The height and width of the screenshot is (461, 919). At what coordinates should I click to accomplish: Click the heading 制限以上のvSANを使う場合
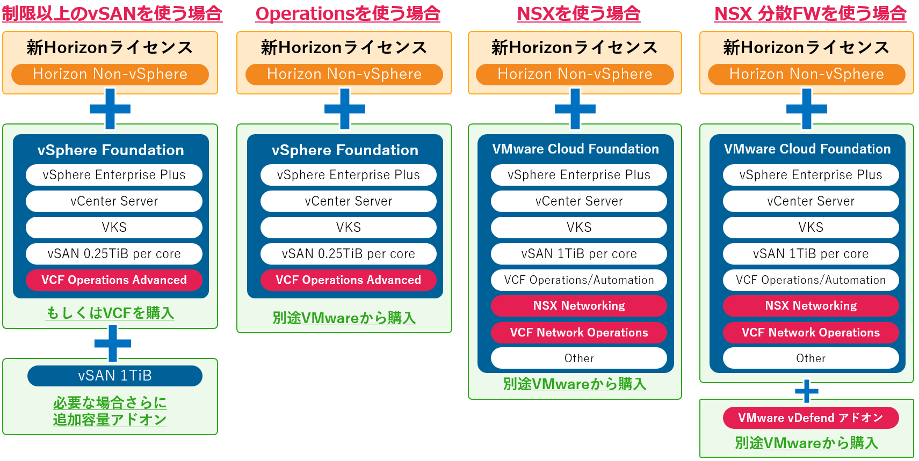click(112, 13)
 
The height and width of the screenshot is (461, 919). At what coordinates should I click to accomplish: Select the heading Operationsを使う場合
click(348, 13)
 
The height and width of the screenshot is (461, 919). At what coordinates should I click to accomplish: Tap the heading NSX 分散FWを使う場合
click(810, 13)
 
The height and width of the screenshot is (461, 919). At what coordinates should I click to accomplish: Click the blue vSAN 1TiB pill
click(115, 376)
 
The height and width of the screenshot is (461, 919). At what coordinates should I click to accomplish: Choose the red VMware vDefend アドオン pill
click(811, 418)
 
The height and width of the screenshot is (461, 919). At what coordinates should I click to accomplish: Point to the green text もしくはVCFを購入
click(110, 313)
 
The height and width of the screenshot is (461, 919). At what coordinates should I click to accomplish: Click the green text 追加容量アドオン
click(110, 420)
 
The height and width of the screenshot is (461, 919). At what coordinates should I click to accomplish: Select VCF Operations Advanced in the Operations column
click(348, 280)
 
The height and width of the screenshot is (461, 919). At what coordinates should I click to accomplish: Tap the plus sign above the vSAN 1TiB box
click(113, 343)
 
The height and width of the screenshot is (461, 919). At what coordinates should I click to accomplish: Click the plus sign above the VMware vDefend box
click(807, 391)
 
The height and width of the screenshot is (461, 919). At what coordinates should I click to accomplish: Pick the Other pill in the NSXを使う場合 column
click(579, 358)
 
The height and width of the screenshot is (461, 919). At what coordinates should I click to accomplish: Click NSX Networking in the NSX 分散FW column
click(811, 306)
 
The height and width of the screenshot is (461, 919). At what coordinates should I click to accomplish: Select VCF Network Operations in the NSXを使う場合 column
click(579, 333)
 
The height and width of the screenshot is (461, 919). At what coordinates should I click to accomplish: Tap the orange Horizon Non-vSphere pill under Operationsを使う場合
click(344, 74)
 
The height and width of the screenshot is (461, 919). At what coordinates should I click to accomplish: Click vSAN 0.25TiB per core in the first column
click(114, 254)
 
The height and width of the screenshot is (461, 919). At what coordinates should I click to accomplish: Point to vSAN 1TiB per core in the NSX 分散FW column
click(811, 254)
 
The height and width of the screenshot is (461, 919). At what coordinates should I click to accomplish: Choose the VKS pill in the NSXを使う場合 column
click(579, 228)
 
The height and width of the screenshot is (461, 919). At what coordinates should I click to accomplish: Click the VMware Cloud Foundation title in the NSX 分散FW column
click(807, 149)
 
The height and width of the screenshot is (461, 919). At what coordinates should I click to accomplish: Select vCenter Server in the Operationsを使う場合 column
click(348, 201)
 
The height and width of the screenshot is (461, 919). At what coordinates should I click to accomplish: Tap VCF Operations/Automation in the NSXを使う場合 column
click(579, 280)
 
